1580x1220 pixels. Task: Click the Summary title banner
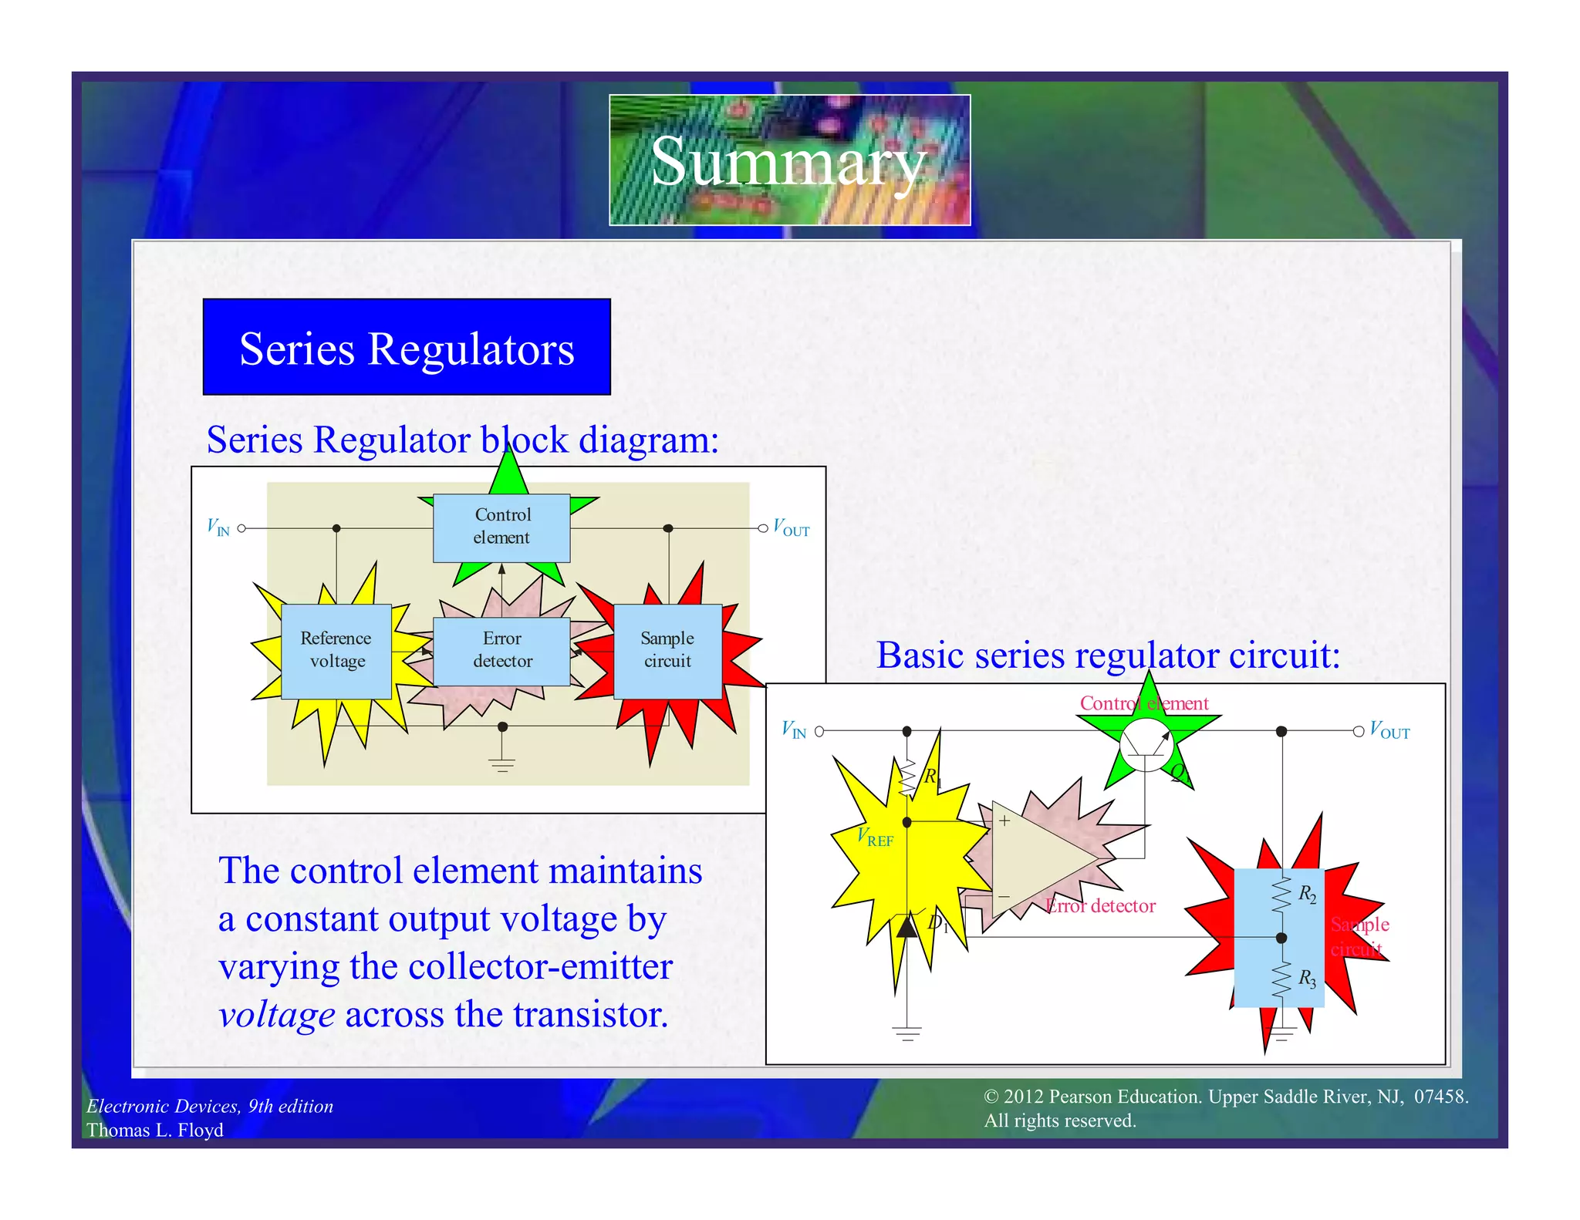[x=789, y=160]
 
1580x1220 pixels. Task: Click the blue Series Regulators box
[x=407, y=347]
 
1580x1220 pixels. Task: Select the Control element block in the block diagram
[x=501, y=527]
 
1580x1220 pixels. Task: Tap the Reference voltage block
[x=336, y=650]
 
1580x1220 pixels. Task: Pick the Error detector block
[x=502, y=650]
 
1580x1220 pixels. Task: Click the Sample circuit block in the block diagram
[x=667, y=650]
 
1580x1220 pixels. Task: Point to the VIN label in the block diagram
[x=218, y=527]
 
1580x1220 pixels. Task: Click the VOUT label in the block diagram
[x=792, y=529]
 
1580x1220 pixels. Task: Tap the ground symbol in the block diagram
[x=501, y=763]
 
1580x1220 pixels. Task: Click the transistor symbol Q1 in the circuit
[x=1146, y=745]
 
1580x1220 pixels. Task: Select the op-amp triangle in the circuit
[x=1038, y=858]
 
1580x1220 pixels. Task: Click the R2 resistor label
[x=1307, y=895]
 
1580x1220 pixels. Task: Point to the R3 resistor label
[x=1307, y=979]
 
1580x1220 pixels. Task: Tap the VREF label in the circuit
[x=876, y=837]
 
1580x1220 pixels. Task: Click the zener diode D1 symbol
[x=907, y=925]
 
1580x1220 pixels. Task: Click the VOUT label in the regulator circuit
[x=1389, y=731]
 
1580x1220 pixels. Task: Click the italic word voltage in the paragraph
[x=276, y=1015]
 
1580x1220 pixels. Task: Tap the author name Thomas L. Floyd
[x=155, y=1131]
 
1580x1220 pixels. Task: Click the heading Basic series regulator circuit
[x=1108, y=656]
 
